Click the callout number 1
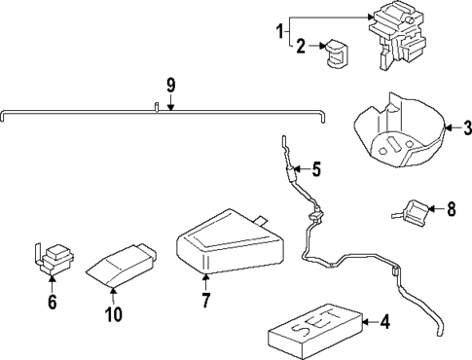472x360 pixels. point(280,32)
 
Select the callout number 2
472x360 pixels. point(301,46)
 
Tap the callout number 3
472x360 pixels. point(467,128)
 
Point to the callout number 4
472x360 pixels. point(385,322)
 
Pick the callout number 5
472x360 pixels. point(316,169)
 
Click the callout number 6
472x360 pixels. point(53,302)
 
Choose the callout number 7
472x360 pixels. point(205,300)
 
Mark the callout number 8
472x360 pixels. point(452,209)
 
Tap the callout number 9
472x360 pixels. point(171,86)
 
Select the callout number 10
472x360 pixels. point(114,314)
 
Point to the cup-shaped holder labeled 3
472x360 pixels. point(400,129)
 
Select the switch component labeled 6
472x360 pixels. point(54,258)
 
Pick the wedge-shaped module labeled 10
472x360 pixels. point(121,266)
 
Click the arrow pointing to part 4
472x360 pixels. point(370,322)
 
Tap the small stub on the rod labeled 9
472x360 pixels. point(157,107)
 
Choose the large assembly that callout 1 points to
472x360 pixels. point(396,36)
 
